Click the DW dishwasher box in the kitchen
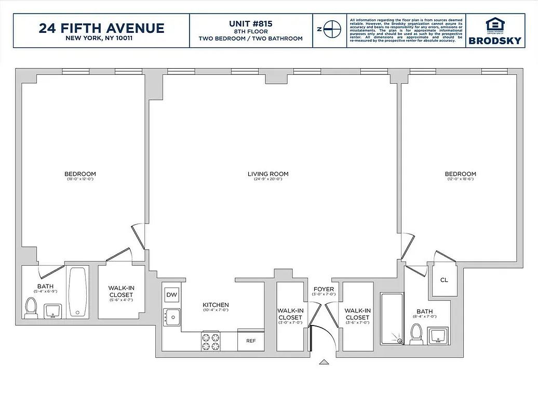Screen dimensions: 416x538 pyautogui.click(x=171, y=295)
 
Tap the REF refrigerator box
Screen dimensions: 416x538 pyautogui.click(x=251, y=341)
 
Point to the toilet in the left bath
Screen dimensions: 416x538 pyautogui.click(x=31, y=308)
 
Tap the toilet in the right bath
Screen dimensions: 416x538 pyautogui.click(x=416, y=334)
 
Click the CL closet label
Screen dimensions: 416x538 pyautogui.click(x=443, y=280)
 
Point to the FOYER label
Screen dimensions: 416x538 pyautogui.click(x=324, y=289)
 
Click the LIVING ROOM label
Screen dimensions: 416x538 pyautogui.click(x=268, y=174)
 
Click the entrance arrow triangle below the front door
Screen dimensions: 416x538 pyautogui.click(x=324, y=362)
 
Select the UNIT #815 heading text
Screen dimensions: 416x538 pyautogui.click(x=251, y=24)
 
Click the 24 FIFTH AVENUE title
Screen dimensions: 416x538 pyautogui.click(x=101, y=28)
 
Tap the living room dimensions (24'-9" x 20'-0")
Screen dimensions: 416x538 pyautogui.click(x=268, y=180)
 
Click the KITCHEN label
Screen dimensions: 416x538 pyautogui.click(x=216, y=305)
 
